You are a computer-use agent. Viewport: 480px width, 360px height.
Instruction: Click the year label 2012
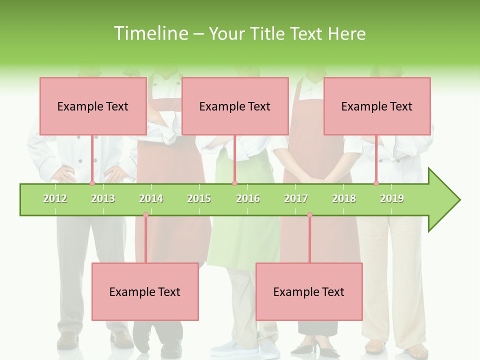(55, 198)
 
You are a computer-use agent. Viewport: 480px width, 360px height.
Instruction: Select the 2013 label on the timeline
(103, 198)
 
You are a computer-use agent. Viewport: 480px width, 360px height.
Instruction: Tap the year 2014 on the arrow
(151, 198)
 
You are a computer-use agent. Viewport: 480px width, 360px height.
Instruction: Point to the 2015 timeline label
(199, 198)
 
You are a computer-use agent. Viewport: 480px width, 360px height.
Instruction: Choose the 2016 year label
(248, 198)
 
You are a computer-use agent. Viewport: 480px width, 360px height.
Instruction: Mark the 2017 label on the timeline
(296, 198)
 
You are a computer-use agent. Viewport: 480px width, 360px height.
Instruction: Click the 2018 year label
(344, 198)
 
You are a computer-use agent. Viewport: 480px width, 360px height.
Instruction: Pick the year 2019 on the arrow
(392, 198)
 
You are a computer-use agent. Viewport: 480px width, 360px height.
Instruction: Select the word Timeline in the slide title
(150, 33)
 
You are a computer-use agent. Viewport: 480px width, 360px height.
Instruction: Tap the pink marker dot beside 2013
(92, 183)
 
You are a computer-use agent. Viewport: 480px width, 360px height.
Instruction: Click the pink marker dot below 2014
(145, 215)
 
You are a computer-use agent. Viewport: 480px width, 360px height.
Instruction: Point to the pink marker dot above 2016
(234, 183)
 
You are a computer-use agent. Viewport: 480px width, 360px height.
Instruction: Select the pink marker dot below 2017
(309, 215)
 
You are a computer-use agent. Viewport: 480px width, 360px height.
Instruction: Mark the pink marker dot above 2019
(376, 183)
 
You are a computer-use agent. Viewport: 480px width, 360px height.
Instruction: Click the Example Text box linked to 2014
(145, 291)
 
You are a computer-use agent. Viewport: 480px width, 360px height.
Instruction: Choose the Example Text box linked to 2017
(309, 291)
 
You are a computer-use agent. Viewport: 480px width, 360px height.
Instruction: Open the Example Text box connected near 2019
(377, 106)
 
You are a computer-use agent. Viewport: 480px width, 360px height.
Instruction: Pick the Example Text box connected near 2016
(235, 106)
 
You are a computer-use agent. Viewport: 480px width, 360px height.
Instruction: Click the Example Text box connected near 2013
(93, 106)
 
